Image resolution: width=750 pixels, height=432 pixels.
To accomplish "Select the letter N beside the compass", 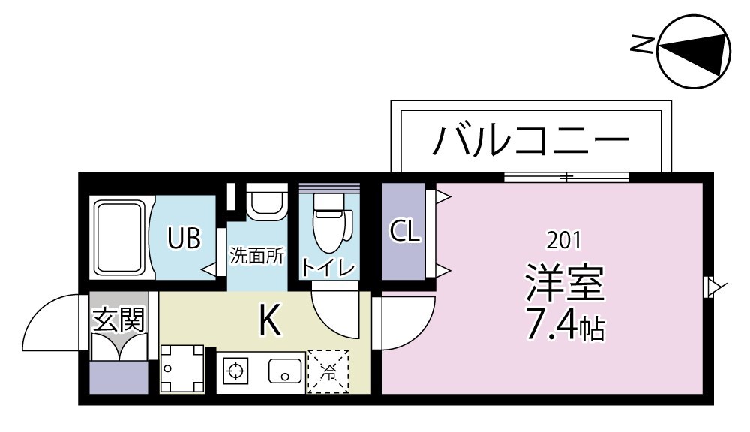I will (x=641, y=46).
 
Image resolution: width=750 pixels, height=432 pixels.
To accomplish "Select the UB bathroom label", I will (x=184, y=238).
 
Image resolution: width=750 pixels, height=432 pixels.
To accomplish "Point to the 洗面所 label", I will (x=256, y=255).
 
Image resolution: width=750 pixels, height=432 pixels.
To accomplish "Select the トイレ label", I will (x=328, y=267).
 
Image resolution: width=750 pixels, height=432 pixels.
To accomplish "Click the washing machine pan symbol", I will (x=183, y=368).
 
